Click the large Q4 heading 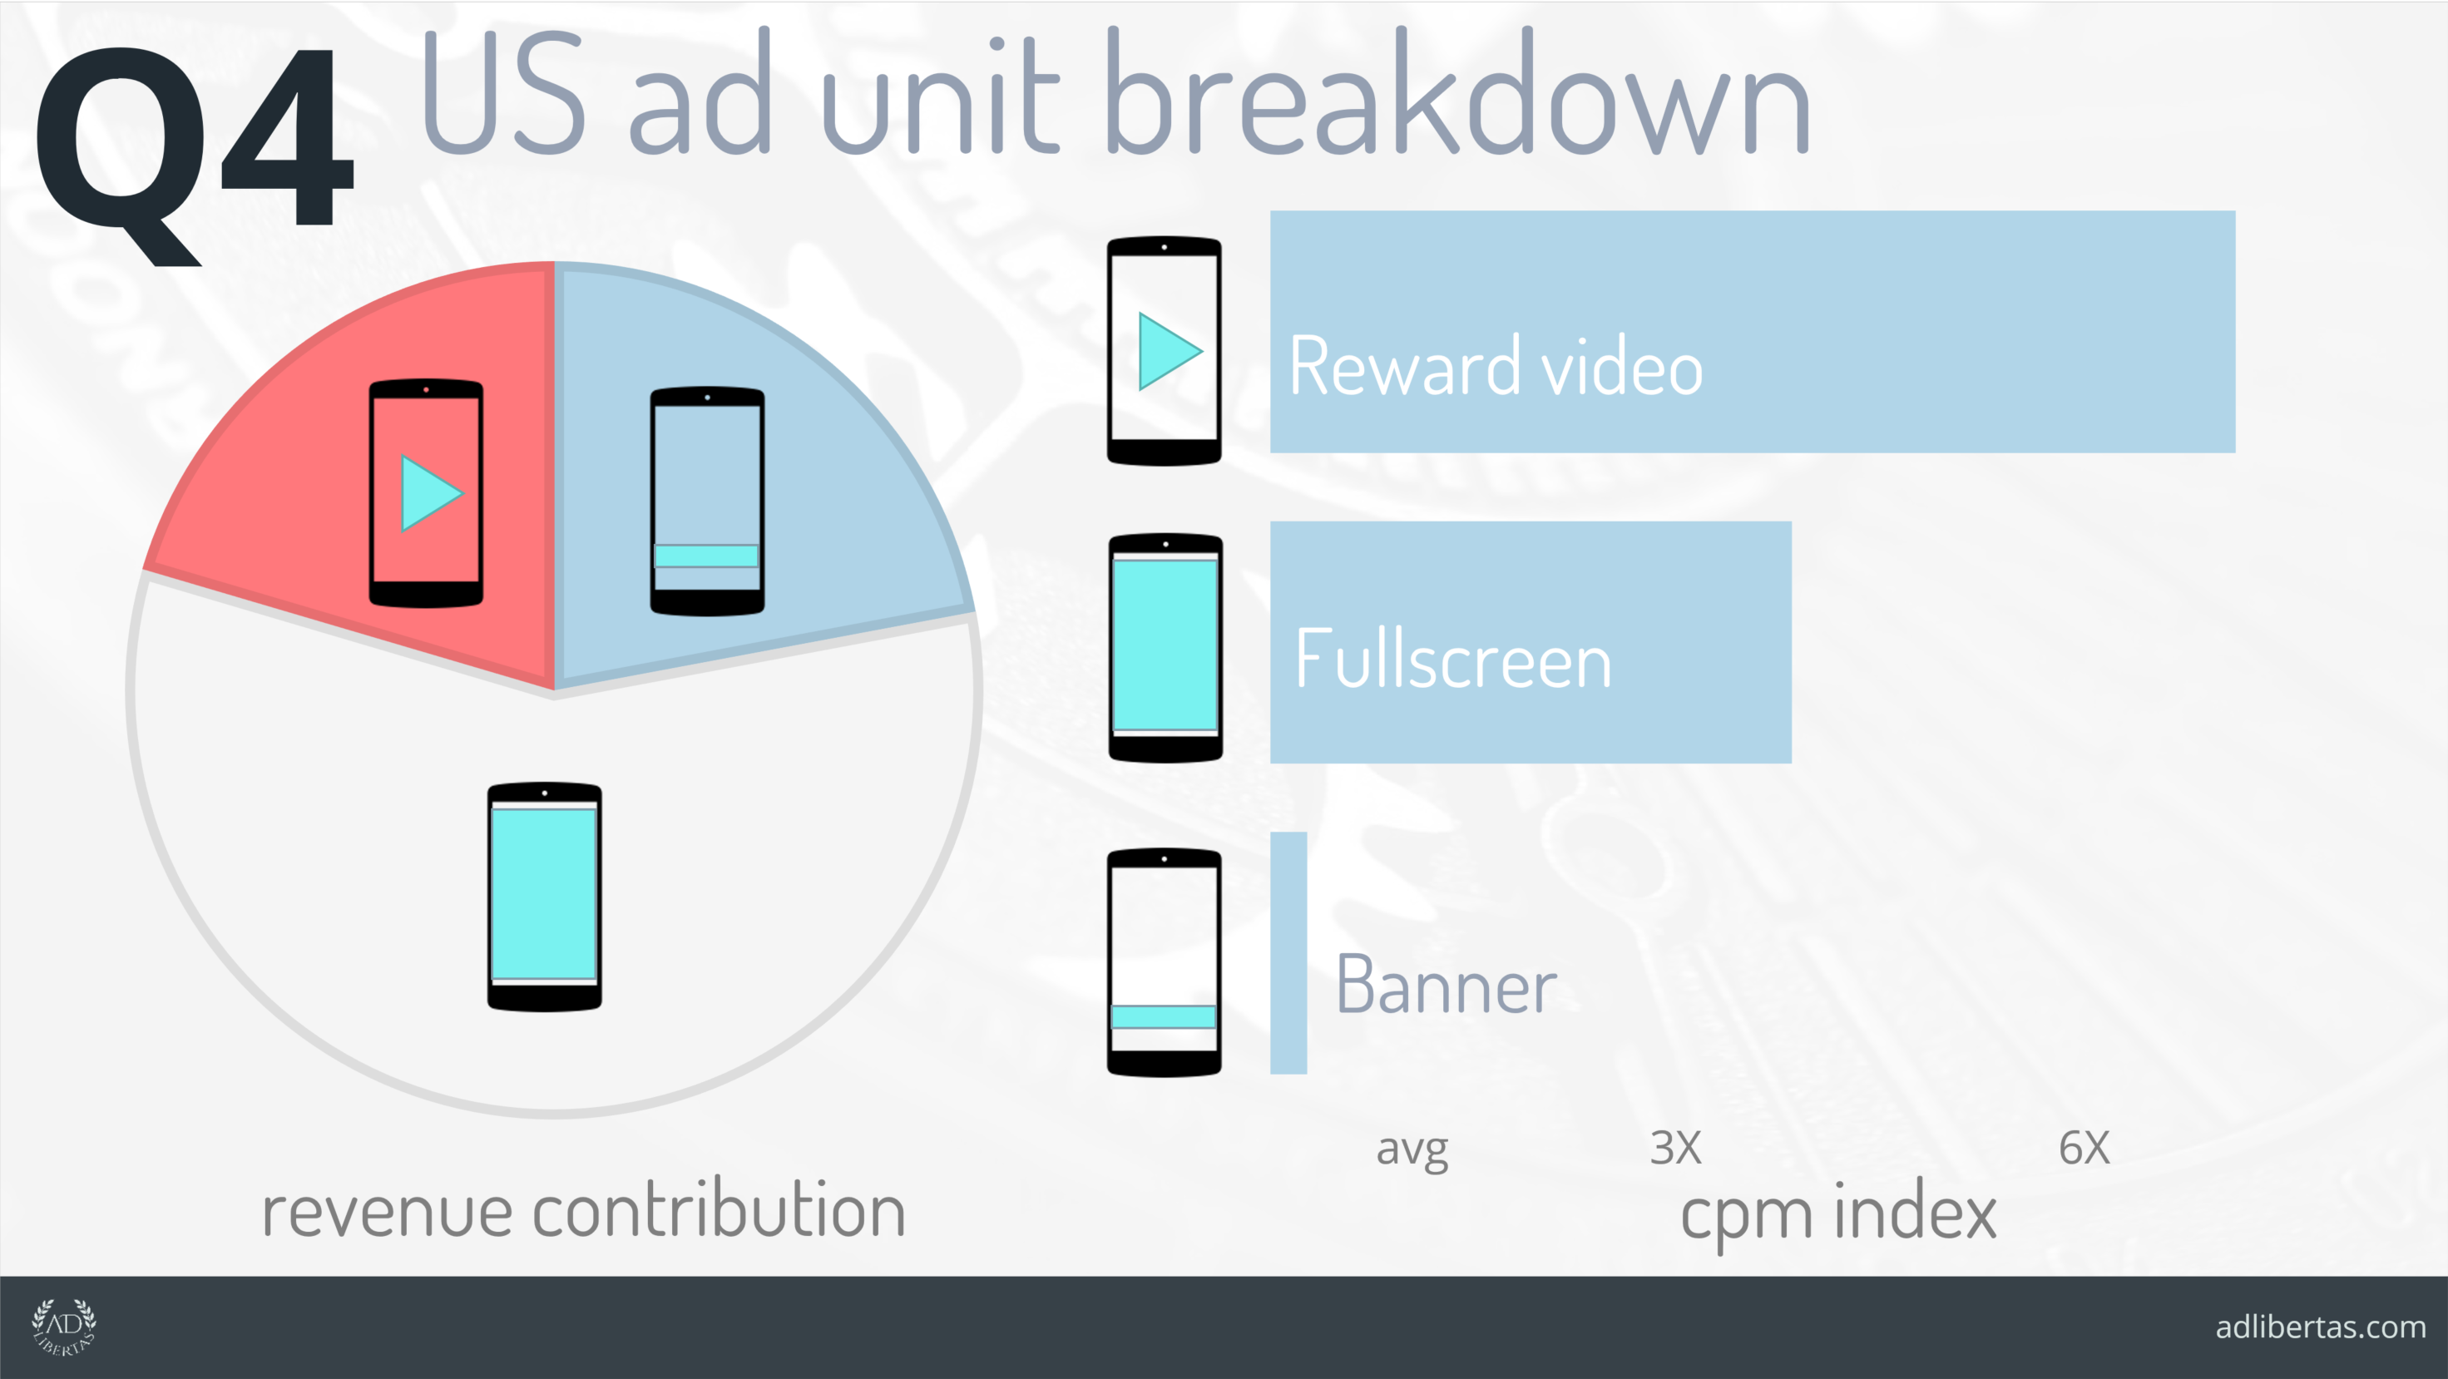194,152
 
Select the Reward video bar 1753,332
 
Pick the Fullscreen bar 1531,642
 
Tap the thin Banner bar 1288,953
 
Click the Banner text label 1446,986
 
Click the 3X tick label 1675,1148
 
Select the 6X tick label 2084,1148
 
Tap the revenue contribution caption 583,1211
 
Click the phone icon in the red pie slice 426,493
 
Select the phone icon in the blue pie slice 707,501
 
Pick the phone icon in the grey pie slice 545,897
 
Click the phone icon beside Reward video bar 1165,351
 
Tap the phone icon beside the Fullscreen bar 1166,648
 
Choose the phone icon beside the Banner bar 1165,961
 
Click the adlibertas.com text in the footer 2321,1327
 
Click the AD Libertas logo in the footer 64,1327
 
